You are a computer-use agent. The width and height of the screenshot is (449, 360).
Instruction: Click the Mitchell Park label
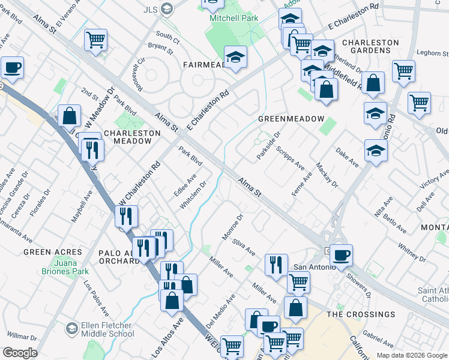234,19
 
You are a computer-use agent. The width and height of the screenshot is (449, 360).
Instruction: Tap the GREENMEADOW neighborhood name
291,119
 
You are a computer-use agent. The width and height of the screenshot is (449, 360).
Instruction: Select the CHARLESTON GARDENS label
370,47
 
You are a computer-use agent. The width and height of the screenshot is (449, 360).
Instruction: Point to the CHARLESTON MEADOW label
128,137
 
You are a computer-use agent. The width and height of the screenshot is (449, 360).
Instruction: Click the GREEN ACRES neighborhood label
52,252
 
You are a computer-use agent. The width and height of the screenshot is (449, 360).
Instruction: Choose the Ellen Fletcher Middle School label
107,330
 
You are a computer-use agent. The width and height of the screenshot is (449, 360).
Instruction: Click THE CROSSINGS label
361,314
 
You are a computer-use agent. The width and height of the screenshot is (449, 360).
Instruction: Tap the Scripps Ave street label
291,159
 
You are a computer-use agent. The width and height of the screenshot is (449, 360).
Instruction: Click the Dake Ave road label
347,158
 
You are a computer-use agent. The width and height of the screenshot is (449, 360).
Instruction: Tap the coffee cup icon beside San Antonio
342,255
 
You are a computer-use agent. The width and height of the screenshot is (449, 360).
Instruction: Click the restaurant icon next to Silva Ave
276,263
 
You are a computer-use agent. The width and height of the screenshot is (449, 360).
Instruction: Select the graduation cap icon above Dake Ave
376,151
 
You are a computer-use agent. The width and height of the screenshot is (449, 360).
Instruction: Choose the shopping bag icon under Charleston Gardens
373,84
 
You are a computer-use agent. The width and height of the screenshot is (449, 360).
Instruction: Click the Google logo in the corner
20,353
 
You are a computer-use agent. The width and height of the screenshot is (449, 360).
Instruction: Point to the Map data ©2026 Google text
411,355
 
